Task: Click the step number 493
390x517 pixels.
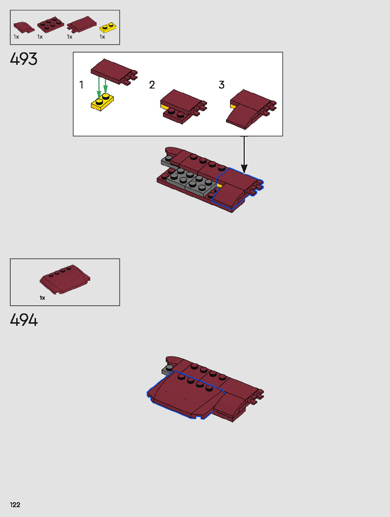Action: tap(24, 59)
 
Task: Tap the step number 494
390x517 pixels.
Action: tap(24, 320)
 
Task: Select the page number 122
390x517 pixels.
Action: tap(15, 505)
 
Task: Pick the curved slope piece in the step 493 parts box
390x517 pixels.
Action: tap(23, 27)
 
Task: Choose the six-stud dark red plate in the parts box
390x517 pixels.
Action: tap(50, 24)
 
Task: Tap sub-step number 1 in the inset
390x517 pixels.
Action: tap(81, 85)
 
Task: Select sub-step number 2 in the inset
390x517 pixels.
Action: tap(152, 85)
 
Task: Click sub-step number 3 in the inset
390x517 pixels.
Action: tap(221, 85)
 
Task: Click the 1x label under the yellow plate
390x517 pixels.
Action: tap(102, 37)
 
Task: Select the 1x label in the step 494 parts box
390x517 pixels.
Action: tap(42, 298)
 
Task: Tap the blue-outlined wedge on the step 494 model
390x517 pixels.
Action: tap(183, 396)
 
